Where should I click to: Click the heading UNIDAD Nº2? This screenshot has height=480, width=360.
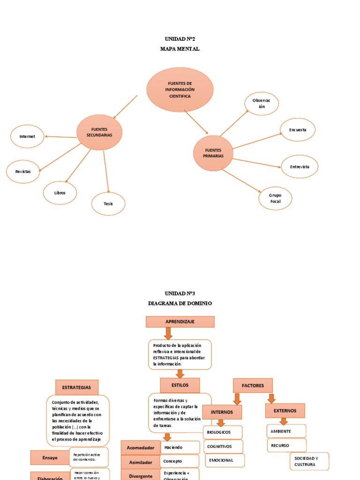pyautogui.click(x=180, y=39)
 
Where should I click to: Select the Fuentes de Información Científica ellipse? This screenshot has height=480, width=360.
pyautogui.click(x=180, y=90)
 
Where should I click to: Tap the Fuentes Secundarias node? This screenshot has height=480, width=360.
pyautogui.click(x=99, y=132)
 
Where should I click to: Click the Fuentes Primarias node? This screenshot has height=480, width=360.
pyautogui.click(x=213, y=153)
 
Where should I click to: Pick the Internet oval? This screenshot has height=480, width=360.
pyautogui.click(x=27, y=136)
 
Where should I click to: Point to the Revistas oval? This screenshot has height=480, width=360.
pyautogui.click(x=23, y=172)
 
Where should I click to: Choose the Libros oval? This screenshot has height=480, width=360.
pyautogui.click(x=60, y=193)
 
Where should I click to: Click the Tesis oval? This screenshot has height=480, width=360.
pyautogui.click(x=108, y=203)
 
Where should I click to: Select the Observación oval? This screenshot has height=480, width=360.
pyautogui.click(x=262, y=104)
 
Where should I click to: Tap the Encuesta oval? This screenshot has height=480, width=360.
pyautogui.click(x=298, y=130)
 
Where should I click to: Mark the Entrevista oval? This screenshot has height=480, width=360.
pyautogui.click(x=300, y=166)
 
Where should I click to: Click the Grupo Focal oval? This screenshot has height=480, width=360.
pyautogui.click(x=275, y=198)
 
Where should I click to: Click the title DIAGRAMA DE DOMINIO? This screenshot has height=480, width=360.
pyautogui.click(x=180, y=303)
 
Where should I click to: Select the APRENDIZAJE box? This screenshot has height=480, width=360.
pyautogui.click(x=180, y=322)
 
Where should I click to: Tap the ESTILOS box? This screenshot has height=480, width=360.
pyautogui.click(x=180, y=385)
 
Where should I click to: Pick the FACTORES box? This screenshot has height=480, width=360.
pyautogui.click(x=253, y=385)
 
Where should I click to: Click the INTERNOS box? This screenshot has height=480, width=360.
pyautogui.click(x=222, y=412)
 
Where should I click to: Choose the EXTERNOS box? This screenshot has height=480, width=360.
pyautogui.click(x=285, y=411)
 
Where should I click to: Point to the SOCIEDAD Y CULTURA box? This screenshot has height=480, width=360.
pyautogui.click(x=309, y=461)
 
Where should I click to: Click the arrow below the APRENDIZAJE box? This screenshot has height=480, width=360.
pyautogui.click(x=168, y=333)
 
